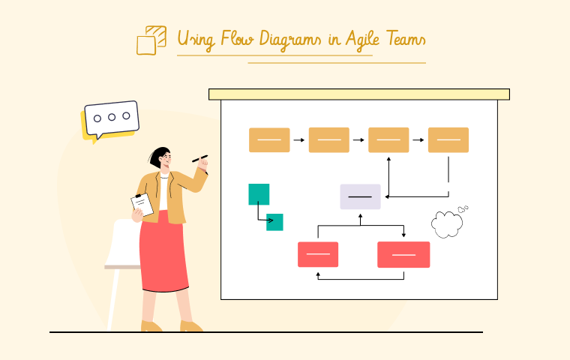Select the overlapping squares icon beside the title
tap(151, 40)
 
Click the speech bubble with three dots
tap(111, 118)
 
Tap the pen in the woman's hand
tap(199, 158)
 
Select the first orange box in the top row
tap(269, 140)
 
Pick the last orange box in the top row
tap(448, 140)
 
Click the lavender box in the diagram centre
tap(360, 196)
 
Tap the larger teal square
tap(259, 194)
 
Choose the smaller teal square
tap(274, 222)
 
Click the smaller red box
tap(318, 254)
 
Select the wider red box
tap(403, 254)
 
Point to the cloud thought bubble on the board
tap(447, 223)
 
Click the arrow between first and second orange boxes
tap(299, 140)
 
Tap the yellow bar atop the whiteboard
tap(358, 94)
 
